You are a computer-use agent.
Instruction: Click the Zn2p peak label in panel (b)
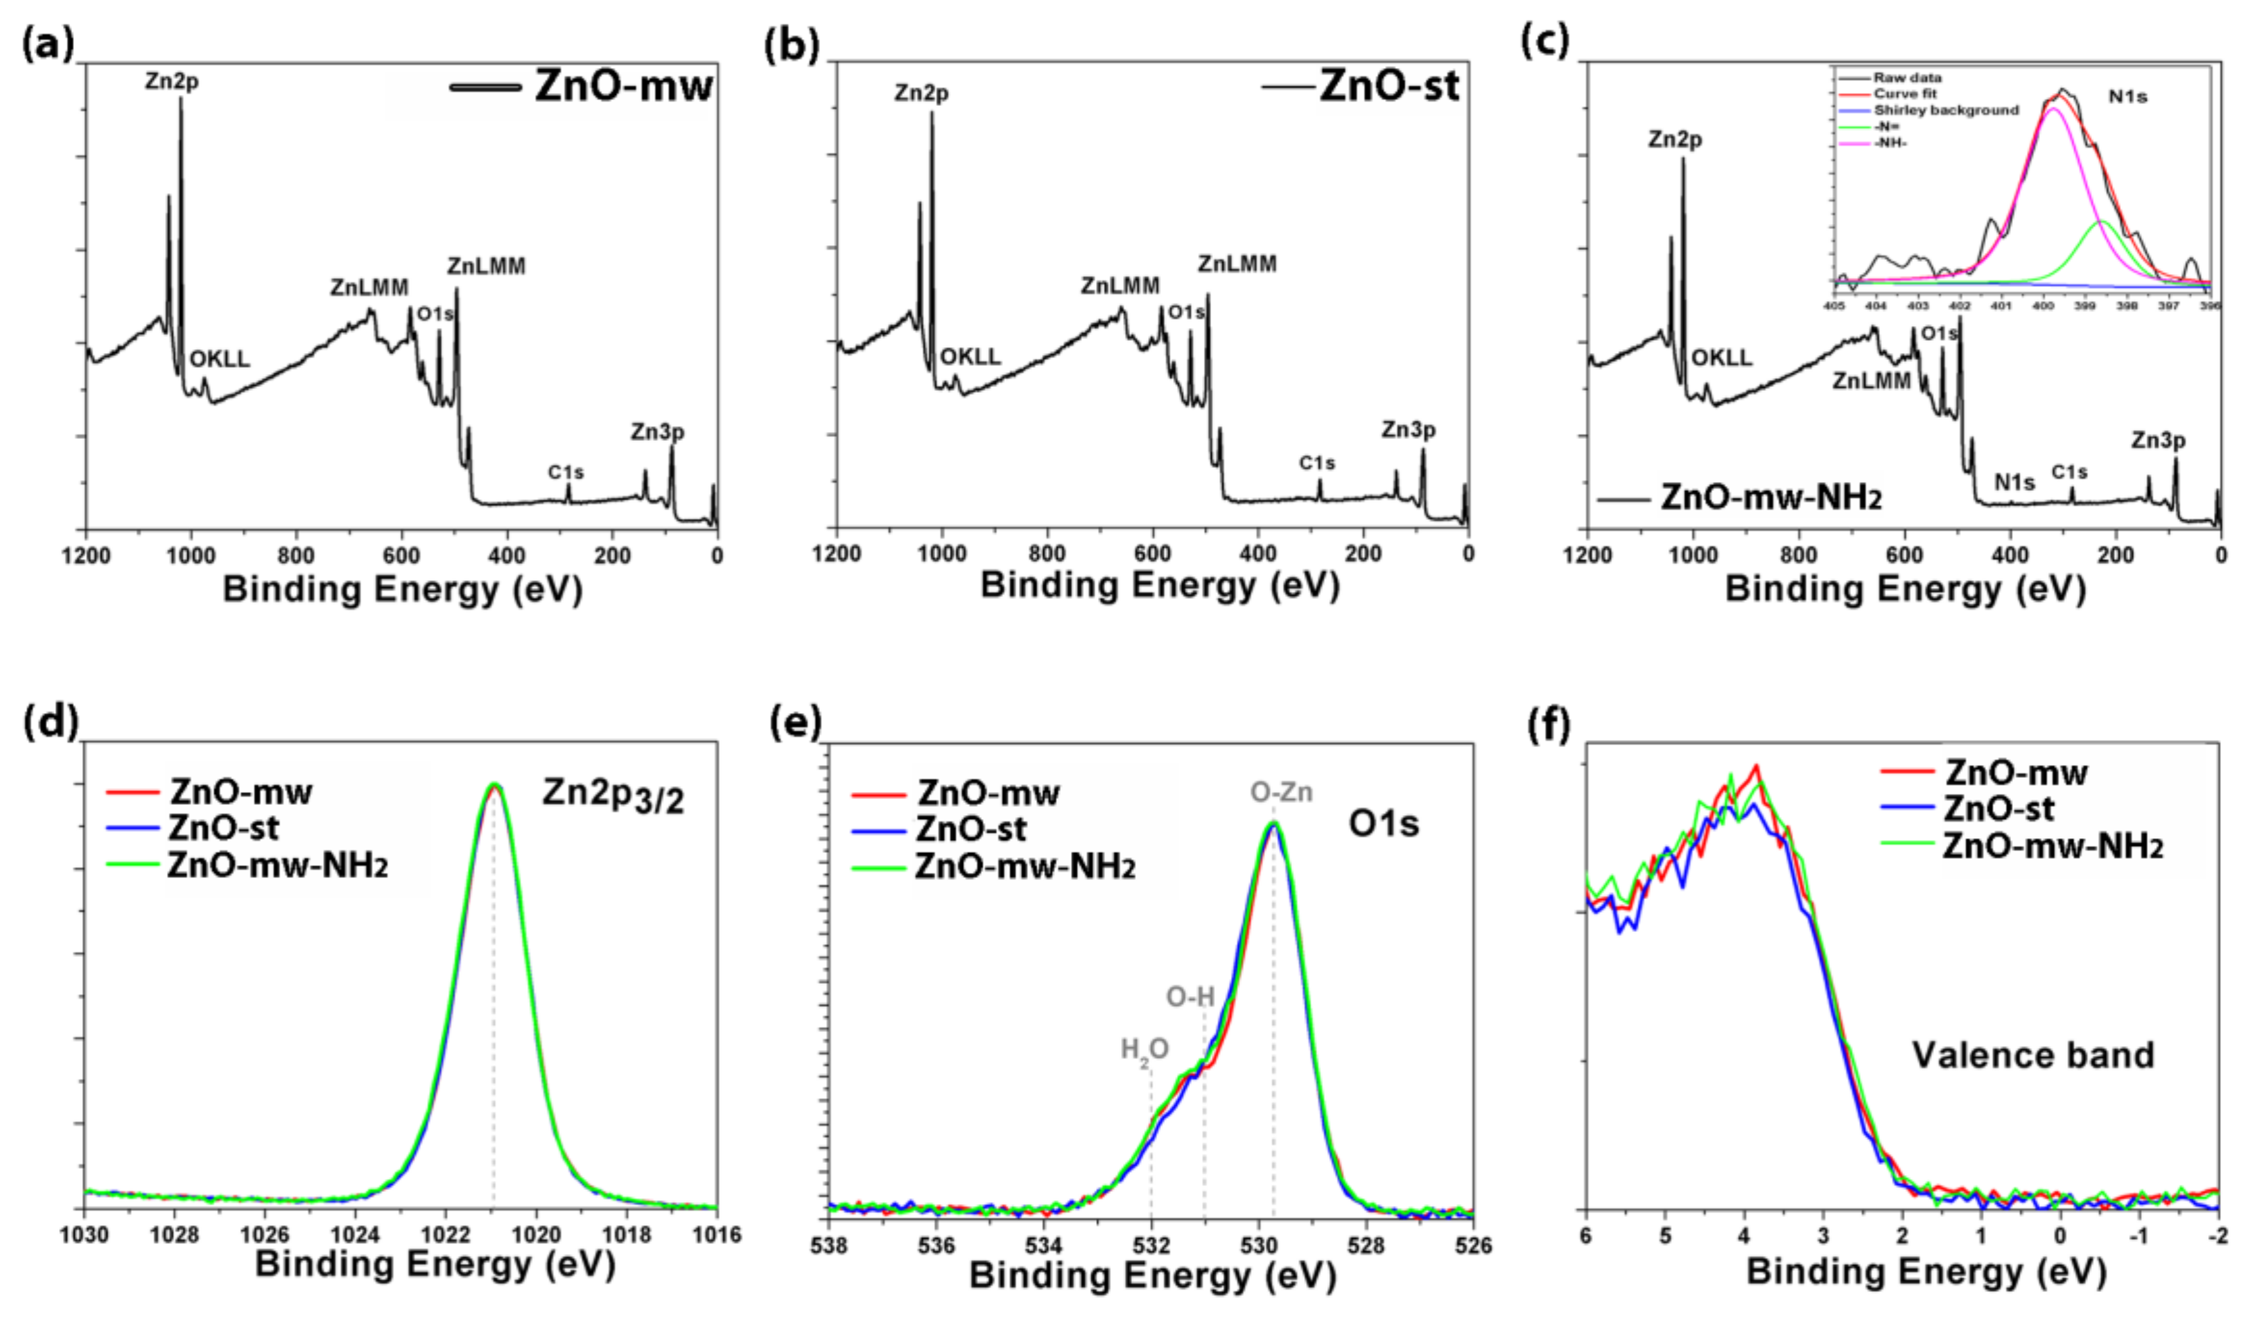tap(921, 93)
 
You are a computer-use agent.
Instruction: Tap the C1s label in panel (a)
tap(566, 472)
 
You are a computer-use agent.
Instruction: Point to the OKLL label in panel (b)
tap(970, 357)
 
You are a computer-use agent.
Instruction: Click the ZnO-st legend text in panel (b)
tap(1389, 87)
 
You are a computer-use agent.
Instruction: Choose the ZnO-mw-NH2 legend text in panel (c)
tap(1771, 497)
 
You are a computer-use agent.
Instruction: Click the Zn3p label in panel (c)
tap(2157, 440)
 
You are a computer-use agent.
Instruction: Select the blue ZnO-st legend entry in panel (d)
tap(223, 829)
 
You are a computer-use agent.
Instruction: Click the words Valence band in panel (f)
tap(2032, 1055)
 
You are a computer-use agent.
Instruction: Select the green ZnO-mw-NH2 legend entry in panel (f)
tap(2052, 847)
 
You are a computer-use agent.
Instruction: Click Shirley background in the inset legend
tap(1946, 110)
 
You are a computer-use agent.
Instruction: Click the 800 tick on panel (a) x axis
tap(295, 556)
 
